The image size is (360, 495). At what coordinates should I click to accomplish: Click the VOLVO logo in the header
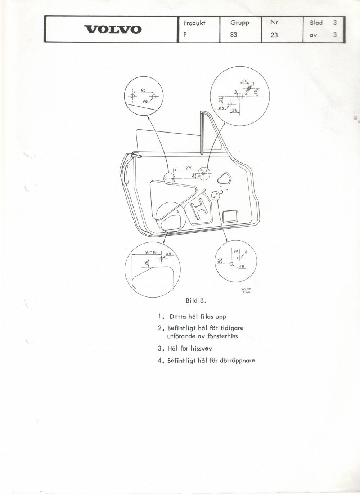113,30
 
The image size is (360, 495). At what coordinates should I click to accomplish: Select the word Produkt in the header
194,23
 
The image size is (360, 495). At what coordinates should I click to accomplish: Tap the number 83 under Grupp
233,35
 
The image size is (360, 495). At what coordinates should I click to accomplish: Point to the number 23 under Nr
274,35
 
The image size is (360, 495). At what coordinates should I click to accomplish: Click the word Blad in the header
316,23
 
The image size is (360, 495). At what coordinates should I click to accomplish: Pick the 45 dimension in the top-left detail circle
143,90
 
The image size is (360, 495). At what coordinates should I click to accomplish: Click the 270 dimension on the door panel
189,168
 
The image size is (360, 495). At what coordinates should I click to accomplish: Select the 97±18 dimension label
151,252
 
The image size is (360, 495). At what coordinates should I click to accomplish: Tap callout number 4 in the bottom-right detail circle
246,252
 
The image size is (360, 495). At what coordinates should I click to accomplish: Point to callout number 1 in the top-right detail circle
253,84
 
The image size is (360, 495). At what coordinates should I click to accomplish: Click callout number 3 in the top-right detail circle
236,92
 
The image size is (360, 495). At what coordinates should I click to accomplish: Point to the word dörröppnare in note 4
238,361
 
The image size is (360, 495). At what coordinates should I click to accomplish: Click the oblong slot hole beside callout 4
240,258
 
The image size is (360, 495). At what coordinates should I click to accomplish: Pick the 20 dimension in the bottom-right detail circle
235,251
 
